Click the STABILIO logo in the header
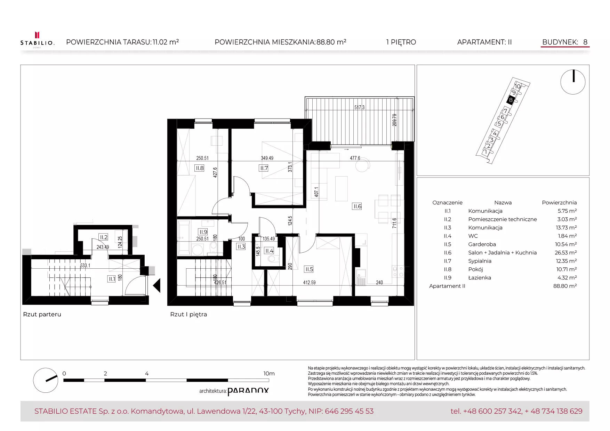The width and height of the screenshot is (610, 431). click(37, 40)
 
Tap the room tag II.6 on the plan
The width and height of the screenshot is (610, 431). click(357, 206)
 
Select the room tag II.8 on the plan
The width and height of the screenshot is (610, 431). click(199, 168)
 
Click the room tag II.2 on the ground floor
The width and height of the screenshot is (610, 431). click(103, 237)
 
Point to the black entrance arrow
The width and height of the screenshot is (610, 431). click(157, 285)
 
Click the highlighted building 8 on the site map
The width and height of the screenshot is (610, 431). click(511, 100)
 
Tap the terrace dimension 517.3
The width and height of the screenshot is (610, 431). click(359, 107)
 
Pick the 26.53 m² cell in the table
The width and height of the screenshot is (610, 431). click(565, 253)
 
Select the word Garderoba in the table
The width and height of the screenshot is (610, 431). click(482, 244)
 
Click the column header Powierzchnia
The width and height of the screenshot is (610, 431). click(559, 203)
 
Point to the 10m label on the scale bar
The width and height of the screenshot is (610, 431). click(269, 373)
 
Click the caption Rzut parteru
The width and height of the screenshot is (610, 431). click(42, 314)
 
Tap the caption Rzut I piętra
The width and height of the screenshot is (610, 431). click(188, 314)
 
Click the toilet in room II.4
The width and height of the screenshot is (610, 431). click(273, 259)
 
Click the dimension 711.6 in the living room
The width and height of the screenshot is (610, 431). click(394, 223)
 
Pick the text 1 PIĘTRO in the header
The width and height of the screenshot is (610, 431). click(401, 42)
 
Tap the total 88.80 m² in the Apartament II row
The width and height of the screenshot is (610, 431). click(565, 286)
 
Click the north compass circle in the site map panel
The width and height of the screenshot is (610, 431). click(573, 82)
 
